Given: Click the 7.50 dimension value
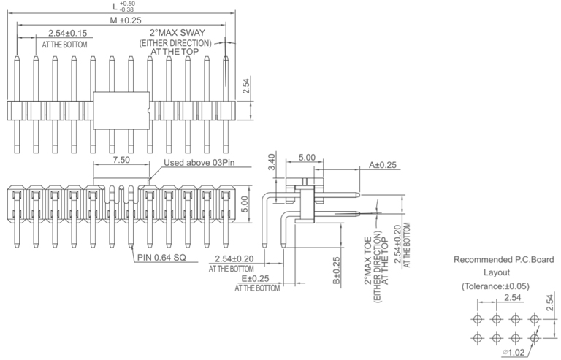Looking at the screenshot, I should [122, 159].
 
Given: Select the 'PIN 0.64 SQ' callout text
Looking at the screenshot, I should [163, 256].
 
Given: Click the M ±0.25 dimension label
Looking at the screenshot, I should [126, 20].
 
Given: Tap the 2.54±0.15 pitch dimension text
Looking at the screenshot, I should [68, 34].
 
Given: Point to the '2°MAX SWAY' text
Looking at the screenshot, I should [177, 34].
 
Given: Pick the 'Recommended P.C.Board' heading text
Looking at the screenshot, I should [503, 259].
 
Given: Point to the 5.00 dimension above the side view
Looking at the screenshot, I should [307, 157].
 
